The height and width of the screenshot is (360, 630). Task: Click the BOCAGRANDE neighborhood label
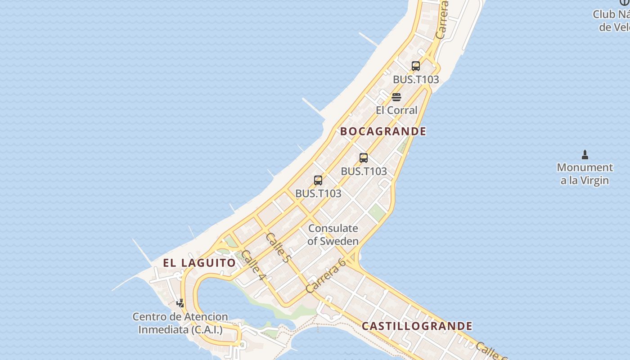click(383, 131)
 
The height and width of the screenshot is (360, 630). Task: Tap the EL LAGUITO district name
click(199, 263)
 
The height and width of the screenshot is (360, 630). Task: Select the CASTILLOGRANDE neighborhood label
click(417, 326)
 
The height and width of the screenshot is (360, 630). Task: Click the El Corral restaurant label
click(396, 110)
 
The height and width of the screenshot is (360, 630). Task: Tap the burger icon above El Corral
click(396, 97)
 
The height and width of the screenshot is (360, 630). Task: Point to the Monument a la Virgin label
click(585, 174)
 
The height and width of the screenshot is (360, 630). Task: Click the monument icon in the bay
click(585, 155)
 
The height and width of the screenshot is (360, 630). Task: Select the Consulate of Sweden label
click(333, 234)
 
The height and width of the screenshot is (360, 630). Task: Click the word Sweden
click(339, 241)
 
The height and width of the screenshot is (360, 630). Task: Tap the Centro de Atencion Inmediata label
click(180, 323)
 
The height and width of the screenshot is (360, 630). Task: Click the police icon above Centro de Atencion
click(180, 303)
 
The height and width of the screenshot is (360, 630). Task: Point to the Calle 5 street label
click(278, 247)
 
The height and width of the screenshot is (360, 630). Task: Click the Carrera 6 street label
click(325, 275)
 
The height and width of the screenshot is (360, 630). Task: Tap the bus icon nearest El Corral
click(416, 66)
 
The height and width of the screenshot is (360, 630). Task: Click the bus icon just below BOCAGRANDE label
click(364, 158)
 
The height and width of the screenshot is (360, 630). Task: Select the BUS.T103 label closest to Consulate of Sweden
click(318, 193)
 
